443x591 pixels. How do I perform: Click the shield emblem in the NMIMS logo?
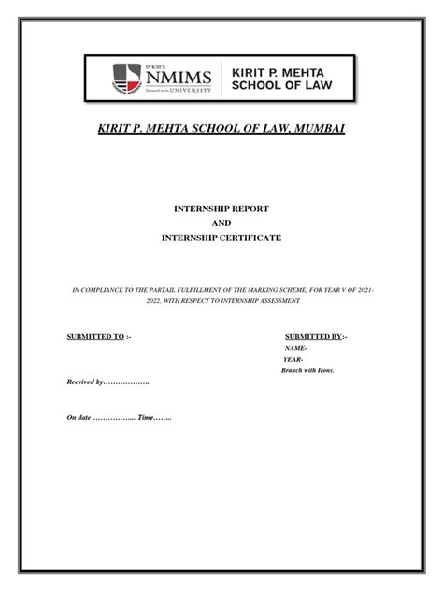pos(127,79)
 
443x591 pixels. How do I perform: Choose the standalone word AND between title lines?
pos(221,223)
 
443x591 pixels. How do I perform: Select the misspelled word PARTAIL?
pos(176,292)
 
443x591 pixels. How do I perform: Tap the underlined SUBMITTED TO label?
pos(95,335)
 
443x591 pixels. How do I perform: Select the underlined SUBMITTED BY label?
pos(313,335)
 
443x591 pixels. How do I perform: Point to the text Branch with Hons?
pos(307,370)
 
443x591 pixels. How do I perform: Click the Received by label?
pos(85,383)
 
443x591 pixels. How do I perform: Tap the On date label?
pos(79,417)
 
